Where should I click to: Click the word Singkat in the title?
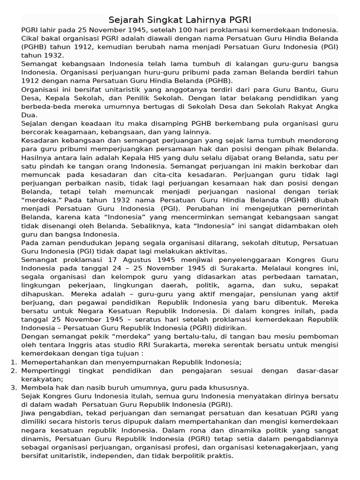(x=158, y=20)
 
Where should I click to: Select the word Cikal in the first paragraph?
(x=30, y=38)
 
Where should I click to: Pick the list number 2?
(x=13, y=370)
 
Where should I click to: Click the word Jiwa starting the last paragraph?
(x=30, y=413)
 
